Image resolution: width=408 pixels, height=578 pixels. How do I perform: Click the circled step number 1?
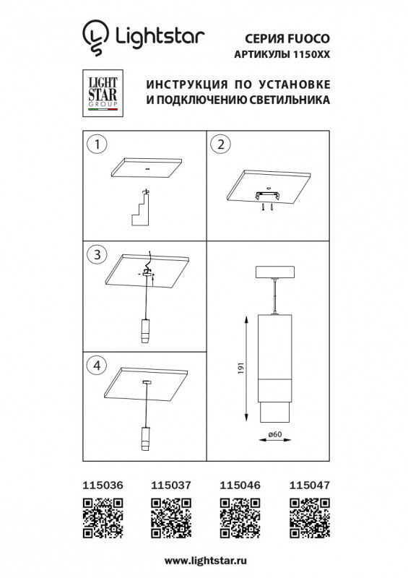(x=93, y=143)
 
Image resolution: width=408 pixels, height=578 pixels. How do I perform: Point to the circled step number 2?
(x=219, y=143)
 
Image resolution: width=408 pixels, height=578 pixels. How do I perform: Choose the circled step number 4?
(x=93, y=365)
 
